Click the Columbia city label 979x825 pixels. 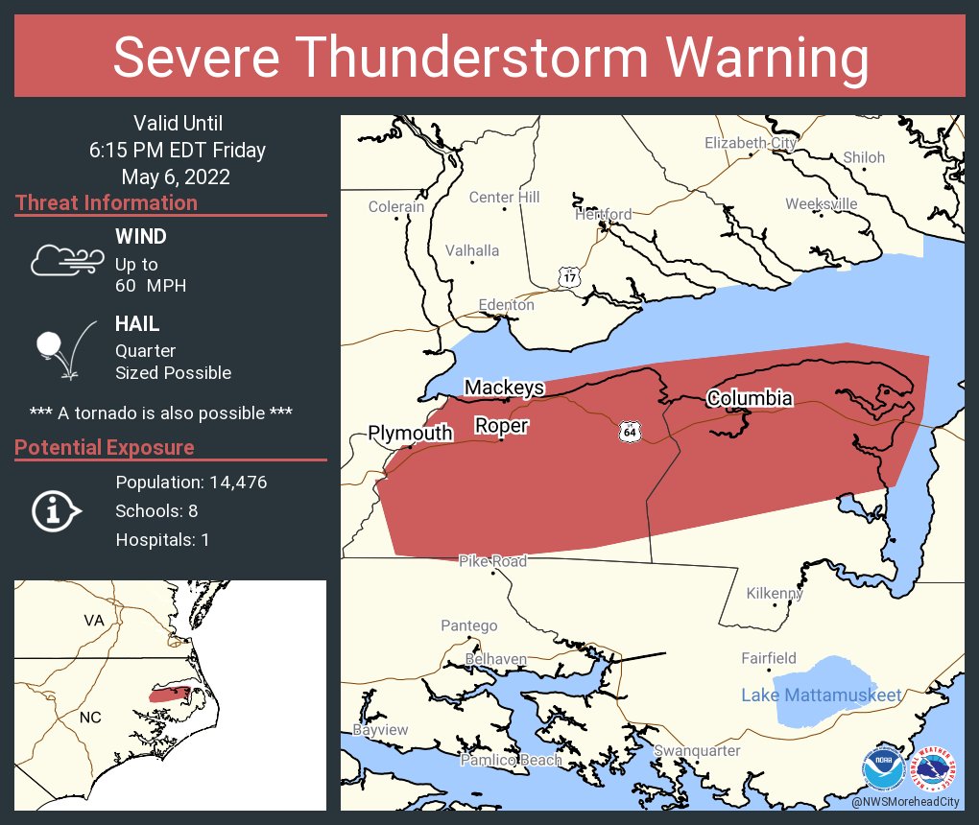tap(750, 398)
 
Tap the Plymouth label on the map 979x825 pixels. tap(410, 434)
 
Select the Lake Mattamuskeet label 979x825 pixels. tap(822, 695)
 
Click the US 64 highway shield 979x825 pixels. tap(628, 433)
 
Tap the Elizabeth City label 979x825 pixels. tap(750, 143)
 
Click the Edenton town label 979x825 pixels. tap(506, 305)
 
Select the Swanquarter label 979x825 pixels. tap(697, 750)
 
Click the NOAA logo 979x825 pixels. tap(882, 768)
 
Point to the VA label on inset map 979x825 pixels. tap(93, 621)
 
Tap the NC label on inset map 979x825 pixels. tap(89, 718)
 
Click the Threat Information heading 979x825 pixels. tap(107, 202)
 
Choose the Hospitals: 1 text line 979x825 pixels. tap(162, 539)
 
